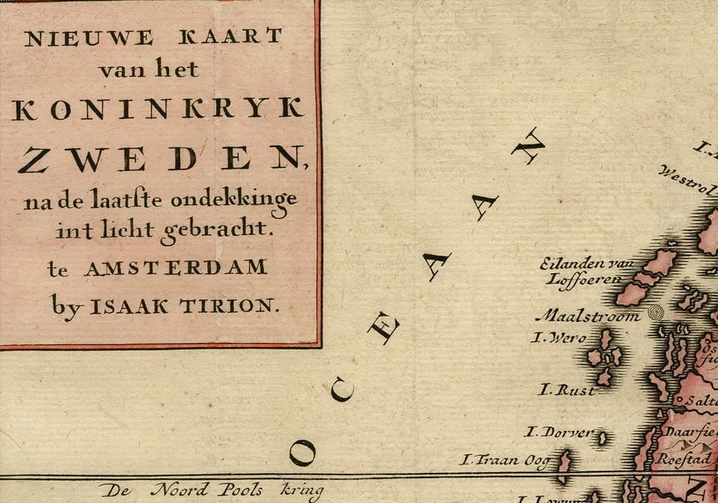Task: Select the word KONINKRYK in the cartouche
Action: click(x=159, y=109)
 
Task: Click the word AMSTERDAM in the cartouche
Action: click(x=175, y=268)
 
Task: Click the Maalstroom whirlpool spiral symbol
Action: click(x=656, y=313)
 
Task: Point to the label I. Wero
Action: click(x=559, y=338)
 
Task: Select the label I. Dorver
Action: click(x=558, y=432)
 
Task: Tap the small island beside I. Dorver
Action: click(x=601, y=438)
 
